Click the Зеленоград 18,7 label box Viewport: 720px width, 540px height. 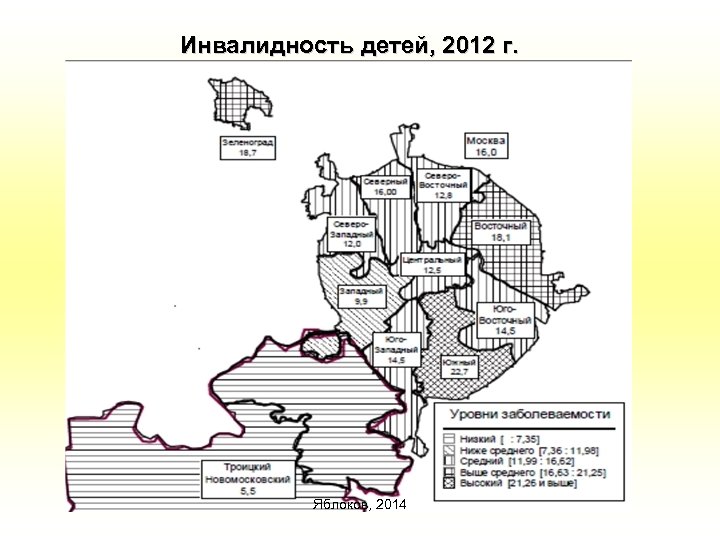click(248, 148)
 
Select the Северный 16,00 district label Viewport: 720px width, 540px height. click(385, 188)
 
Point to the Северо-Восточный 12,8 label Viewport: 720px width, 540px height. click(443, 183)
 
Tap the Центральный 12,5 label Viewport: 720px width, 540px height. click(432, 264)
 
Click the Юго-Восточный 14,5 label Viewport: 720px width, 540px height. click(505, 319)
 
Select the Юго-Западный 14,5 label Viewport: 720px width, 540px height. click(395, 347)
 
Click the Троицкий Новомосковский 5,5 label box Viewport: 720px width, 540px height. click(245, 479)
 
